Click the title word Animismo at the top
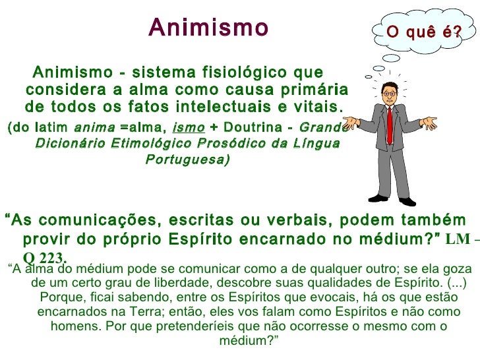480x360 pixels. [x=208, y=28]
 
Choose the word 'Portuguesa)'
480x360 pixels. [x=187, y=160]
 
